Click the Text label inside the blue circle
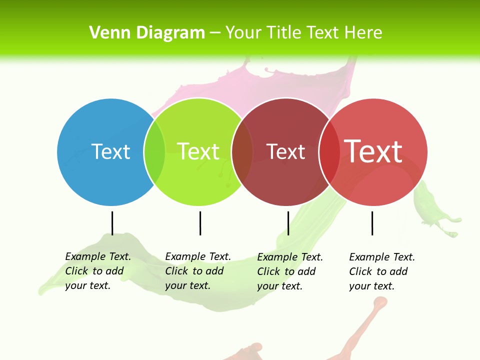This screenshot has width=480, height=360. [x=110, y=151]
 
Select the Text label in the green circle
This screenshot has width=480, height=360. [x=198, y=151]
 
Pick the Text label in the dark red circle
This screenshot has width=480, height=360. [x=285, y=152]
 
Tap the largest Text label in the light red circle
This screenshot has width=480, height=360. [x=373, y=151]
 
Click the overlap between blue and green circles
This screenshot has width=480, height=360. [x=154, y=152]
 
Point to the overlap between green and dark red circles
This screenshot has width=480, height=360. [x=242, y=152]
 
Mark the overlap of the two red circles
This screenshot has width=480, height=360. [x=329, y=152]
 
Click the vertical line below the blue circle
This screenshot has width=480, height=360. [x=112, y=223]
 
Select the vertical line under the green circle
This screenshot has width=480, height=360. [x=200, y=223]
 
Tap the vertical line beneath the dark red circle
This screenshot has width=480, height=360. [x=288, y=223]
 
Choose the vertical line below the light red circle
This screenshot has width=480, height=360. [x=372, y=223]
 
